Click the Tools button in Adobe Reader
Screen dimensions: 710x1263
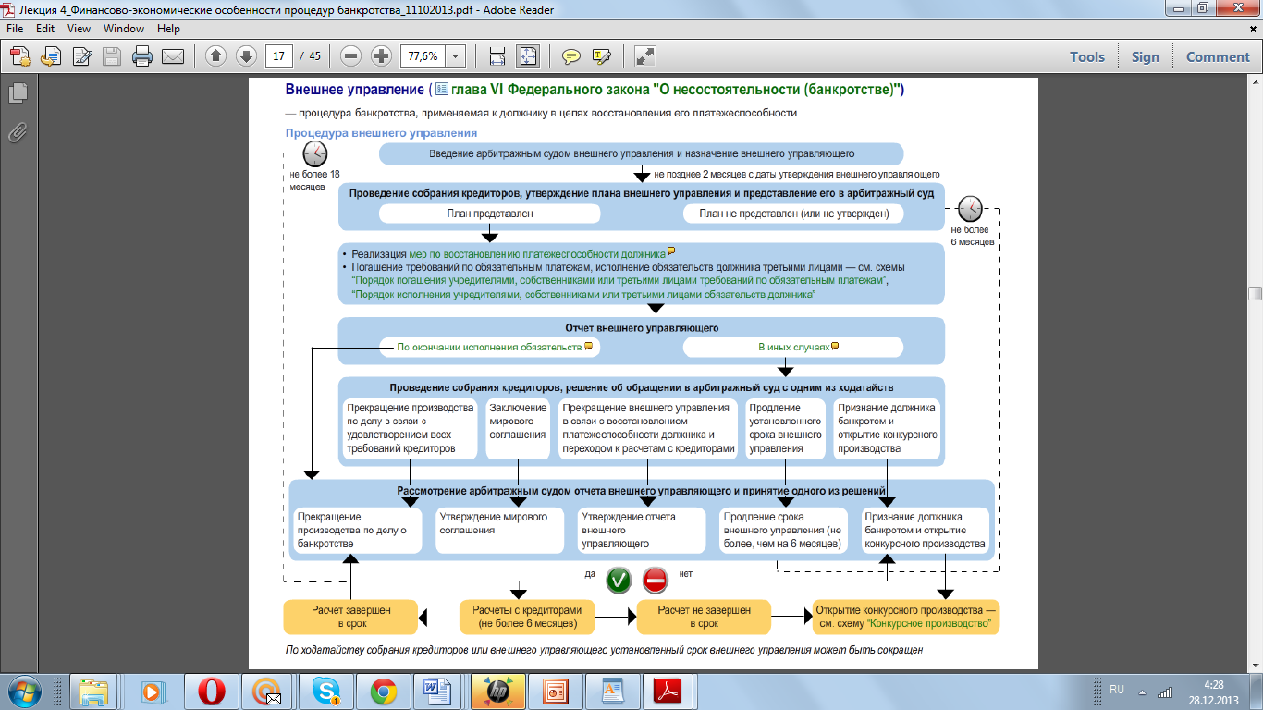[x=1086, y=56]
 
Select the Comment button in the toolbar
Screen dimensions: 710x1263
[x=1218, y=56]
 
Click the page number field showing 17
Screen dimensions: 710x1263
[x=278, y=56]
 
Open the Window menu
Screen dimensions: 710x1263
[x=124, y=29]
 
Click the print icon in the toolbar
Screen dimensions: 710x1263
[x=142, y=56]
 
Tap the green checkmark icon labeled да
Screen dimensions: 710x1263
[x=619, y=580]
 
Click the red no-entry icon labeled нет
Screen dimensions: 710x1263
[x=656, y=580]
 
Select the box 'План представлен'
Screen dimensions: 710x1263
[x=489, y=214]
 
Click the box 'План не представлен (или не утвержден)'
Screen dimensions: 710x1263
[x=793, y=214]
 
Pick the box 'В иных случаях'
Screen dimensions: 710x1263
[x=793, y=348]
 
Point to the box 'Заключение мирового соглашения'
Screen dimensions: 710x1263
[x=519, y=429]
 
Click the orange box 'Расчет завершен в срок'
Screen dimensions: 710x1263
[x=350, y=617]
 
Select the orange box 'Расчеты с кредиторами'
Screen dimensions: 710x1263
[x=527, y=617]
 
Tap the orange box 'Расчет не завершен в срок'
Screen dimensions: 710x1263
[x=704, y=617]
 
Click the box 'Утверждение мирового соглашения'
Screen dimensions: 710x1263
[x=499, y=530]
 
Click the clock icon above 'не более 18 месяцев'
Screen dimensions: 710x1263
[x=315, y=153]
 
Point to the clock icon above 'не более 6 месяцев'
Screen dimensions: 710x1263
[x=971, y=209]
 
